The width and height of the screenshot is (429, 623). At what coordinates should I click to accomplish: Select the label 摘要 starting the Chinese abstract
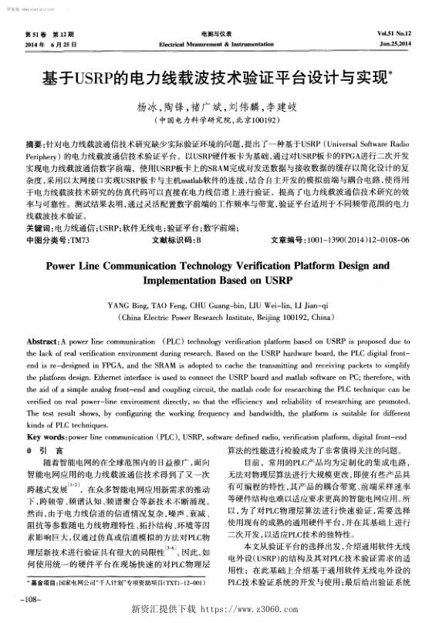click(x=33, y=144)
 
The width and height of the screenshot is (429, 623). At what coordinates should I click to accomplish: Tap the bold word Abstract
click(x=43, y=340)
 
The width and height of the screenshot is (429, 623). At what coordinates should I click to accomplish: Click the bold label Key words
click(x=45, y=436)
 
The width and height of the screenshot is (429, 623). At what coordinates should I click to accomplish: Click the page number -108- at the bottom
click(x=32, y=598)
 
